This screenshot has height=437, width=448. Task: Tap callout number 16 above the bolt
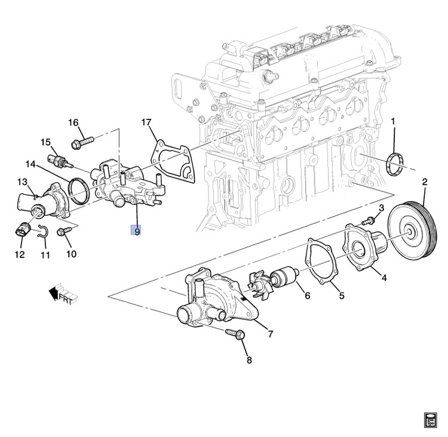73,123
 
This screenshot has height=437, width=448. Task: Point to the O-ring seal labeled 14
78,188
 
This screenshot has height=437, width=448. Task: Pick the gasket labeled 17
174,158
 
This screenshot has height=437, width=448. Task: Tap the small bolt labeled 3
370,221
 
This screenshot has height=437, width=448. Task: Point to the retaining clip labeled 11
41,233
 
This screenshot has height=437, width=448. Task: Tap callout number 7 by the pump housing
270,334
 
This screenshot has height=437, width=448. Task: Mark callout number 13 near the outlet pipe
22,181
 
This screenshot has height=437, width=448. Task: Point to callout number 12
20,255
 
